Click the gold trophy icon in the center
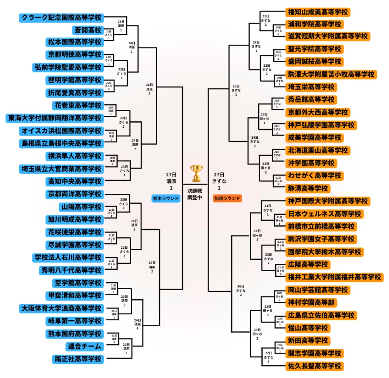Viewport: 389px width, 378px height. [x=196, y=173]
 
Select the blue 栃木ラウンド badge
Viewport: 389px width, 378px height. [x=166, y=198]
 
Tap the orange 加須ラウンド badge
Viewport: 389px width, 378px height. [x=227, y=198]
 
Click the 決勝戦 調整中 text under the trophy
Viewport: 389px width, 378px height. [x=195, y=194]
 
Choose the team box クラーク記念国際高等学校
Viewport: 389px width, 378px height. [x=61, y=18]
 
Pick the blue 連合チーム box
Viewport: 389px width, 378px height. [x=84, y=346]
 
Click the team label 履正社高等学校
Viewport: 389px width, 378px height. [x=78, y=359]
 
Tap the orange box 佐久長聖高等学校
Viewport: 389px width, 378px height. [x=314, y=366]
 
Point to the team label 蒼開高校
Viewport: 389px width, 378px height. [x=88, y=30]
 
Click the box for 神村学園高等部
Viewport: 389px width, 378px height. [x=311, y=302]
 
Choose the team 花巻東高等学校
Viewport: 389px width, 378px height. [x=78, y=106]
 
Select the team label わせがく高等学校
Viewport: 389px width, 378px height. [x=314, y=176]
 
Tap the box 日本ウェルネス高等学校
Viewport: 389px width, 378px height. [x=324, y=214]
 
